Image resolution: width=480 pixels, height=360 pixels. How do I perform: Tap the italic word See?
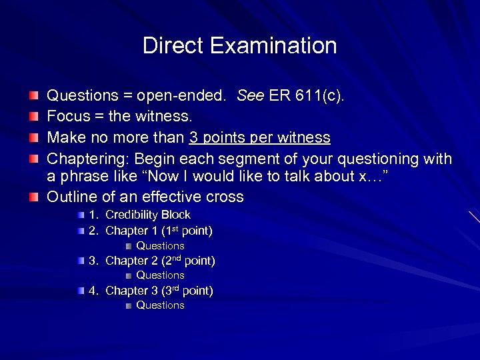coord(250,95)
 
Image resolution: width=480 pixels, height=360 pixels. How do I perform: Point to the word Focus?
coord(67,117)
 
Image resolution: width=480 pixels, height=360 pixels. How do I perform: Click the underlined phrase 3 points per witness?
coord(260,138)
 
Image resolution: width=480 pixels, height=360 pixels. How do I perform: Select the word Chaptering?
coord(87,159)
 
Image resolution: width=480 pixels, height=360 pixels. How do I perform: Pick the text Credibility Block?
coord(148,215)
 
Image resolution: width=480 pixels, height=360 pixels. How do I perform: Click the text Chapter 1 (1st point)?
coord(159,231)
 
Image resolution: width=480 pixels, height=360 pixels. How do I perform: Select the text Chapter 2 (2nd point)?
coord(160,261)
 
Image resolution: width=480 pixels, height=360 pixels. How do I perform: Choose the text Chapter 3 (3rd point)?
coord(159,291)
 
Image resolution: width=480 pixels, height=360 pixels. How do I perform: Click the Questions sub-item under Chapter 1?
coord(160,246)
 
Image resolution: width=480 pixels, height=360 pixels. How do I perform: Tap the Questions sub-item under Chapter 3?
coord(160,305)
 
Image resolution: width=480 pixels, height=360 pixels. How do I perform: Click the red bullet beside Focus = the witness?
coord(33,117)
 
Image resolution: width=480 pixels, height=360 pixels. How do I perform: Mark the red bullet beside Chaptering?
coord(33,160)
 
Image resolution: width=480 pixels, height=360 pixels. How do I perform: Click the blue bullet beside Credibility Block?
coord(81,215)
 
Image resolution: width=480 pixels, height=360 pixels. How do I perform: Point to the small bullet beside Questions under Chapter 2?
coord(128,275)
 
